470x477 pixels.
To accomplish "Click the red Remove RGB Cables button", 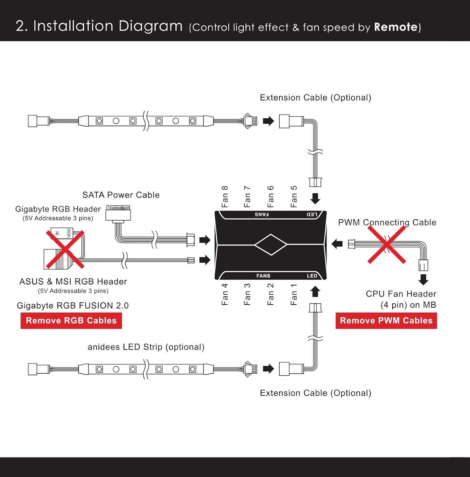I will pyautogui.click(x=71, y=321).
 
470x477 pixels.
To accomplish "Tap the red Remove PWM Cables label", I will pyautogui.click(x=386, y=321).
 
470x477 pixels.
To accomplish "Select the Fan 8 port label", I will pyautogui.click(x=225, y=197).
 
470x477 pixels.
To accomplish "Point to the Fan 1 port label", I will pyautogui.click(x=294, y=294).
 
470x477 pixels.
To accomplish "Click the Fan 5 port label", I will pyautogui.click(x=294, y=197).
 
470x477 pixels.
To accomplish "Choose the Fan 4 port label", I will pyautogui.click(x=225, y=294).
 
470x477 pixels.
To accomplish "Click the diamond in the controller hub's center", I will pyautogui.click(x=271, y=245).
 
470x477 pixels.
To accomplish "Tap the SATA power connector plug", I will pyautogui.click(x=118, y=213).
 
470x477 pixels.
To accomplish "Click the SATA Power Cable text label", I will pyautogui.click(x=121, y=195).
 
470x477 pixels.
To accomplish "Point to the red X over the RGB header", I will pyautogui.click(x=65, y=249).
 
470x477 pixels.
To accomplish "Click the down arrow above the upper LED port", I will pyautogui.click(x=315, y=199).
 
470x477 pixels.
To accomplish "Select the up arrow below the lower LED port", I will pyautogui.click(x=315, y=291).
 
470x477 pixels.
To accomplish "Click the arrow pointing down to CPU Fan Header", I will pyautogui.click(x=423, y=280).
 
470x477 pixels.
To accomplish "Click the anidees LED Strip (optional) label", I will pyautogui.click(x=146, y=347).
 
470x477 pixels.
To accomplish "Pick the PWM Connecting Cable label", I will pyautogui.click(x=387, y=222).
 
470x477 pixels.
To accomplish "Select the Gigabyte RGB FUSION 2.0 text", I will pyautogui.click(x=73, y=306).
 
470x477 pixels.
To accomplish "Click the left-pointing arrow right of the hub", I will pyautogui.click(x=337, y=244).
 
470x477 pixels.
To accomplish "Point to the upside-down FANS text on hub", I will pyautogui.click(x=262, y=214).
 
